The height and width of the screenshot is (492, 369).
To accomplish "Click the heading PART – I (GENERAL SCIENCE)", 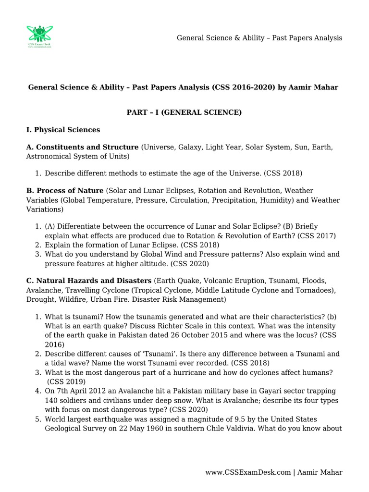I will pos(184,112).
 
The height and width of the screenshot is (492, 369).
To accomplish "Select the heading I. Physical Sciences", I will pos(63,130).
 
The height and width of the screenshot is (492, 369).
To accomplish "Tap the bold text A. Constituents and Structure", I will pos(82,147).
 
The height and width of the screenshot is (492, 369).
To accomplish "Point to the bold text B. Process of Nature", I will pos(65,191).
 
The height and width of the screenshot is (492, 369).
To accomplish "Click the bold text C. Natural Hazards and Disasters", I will pos(89,280).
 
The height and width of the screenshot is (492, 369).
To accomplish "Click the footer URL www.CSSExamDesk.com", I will pos(248,472).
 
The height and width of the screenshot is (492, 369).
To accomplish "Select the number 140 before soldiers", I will pos(51,400).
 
